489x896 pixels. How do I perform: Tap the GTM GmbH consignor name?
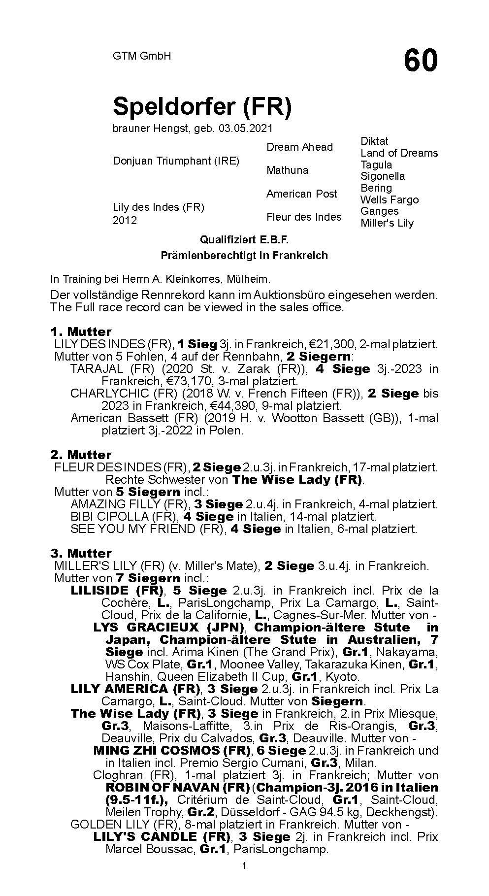(142, 56)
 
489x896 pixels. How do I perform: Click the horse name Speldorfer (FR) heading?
(202, 105)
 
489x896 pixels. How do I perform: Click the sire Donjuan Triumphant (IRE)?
(176, 161)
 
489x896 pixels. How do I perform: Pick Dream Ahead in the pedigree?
(299, 147)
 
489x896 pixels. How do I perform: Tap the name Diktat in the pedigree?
(374, 141)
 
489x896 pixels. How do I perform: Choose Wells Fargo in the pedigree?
(389, 199)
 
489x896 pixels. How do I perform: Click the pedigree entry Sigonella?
(383, 176)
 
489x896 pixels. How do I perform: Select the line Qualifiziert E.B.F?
(244, 240)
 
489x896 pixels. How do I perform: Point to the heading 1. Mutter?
(81, 332)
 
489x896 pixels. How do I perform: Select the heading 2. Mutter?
(81, 455)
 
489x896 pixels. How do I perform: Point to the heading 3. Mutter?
(81, 553)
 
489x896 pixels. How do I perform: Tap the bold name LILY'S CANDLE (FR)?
(162, 837)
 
